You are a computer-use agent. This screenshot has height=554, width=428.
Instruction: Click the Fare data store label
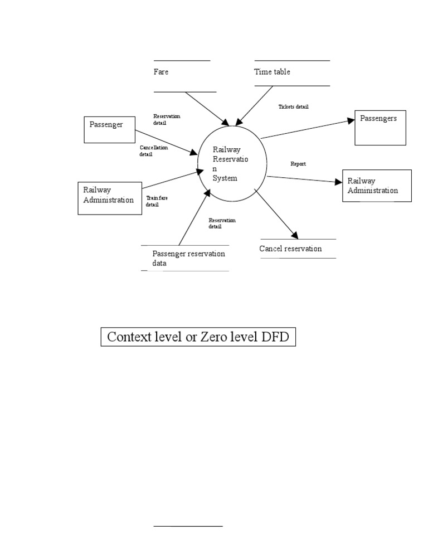[161, 72]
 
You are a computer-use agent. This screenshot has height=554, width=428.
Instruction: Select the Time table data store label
[272, 72]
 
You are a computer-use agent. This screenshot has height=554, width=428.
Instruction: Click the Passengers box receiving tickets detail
[380, 127]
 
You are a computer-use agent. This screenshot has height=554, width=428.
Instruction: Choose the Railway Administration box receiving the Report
[377, 186]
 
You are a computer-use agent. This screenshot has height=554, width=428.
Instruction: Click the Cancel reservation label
[290, 249]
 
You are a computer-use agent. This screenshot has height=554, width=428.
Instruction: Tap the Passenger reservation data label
[188, 259]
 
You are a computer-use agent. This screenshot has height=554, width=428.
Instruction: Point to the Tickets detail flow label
[293, 106]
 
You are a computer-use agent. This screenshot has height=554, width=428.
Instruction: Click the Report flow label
[298, 164]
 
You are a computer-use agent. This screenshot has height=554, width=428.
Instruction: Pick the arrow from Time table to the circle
[255, 105]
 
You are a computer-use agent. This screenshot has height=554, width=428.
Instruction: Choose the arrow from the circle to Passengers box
[308, 128]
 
